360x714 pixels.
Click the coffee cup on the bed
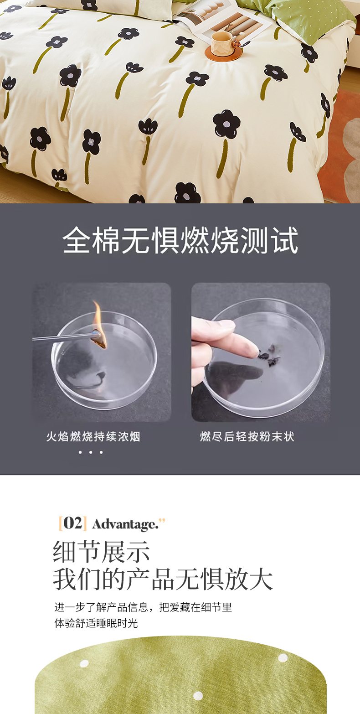point(222,43)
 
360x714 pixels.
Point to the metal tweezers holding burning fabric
point(67,337)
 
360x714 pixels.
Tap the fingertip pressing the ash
point(252,351)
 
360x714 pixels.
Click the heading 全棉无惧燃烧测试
point(180,240)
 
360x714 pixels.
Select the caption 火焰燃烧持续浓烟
point(93,436)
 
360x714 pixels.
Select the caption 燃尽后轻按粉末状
point(247,436)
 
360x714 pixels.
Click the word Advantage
point(125,524)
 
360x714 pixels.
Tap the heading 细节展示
point(101,551)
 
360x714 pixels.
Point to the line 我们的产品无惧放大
point(163,579)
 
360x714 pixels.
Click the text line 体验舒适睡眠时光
point(96,623)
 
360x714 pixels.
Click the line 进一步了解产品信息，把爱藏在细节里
point(143,607)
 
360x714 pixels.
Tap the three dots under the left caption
point(91,452)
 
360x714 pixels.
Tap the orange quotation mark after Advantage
point(162,521)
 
